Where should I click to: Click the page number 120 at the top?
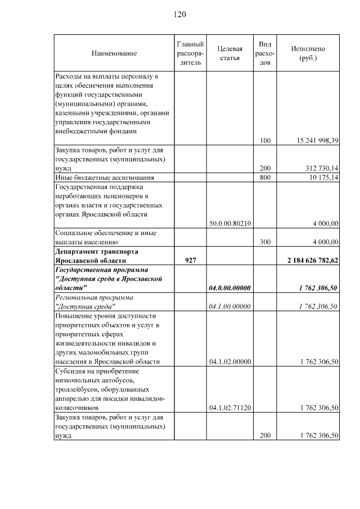(179, 14)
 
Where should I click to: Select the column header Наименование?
(114, 53)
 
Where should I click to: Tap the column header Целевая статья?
(229, 53)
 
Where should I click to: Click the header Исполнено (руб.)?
(308, 53)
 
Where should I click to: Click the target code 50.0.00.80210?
(229, 223)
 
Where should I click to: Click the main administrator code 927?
(190, 260)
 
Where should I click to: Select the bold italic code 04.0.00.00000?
(229, 288)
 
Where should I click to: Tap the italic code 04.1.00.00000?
(229, 306)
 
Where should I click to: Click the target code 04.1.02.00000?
(229, 362)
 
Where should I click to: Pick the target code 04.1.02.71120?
(229, 407)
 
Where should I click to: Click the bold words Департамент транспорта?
(96, 251)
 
